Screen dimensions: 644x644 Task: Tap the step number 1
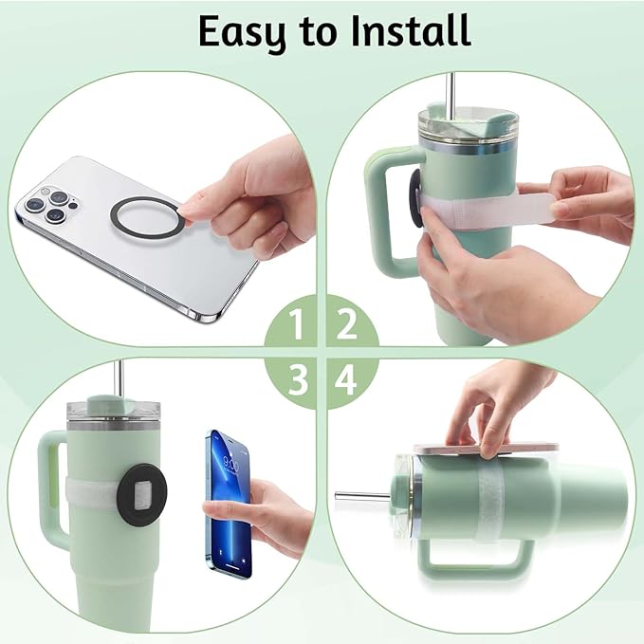(x=297, y=326)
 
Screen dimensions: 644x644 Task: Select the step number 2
(x=347, y=326)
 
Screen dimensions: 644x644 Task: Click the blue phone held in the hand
(x=229, y=502)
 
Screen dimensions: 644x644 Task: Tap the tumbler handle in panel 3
(x=51, y=493)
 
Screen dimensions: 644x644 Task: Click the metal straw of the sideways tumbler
(x=361, y=495)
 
